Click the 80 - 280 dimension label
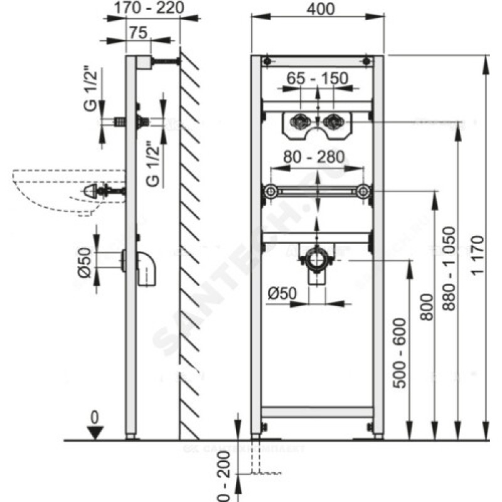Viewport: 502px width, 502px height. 317,159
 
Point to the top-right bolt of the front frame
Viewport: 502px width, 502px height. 365,61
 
